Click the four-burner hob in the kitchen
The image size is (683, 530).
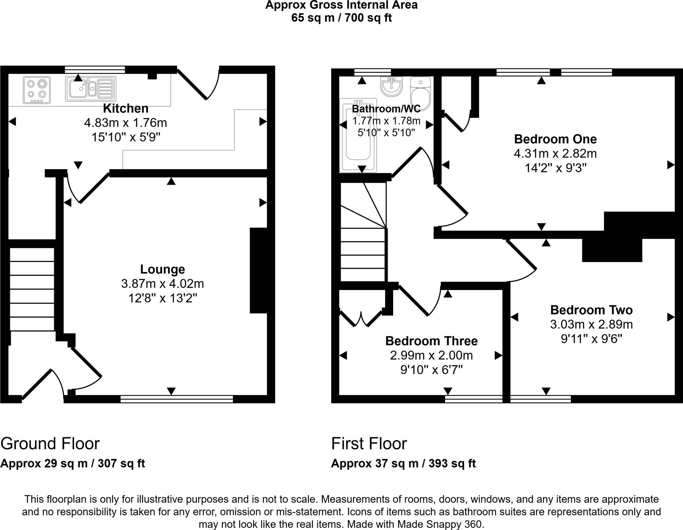(37, 90)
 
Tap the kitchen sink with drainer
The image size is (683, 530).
(91, 88)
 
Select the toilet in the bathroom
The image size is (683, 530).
(421, 94)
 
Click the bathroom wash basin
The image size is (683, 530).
(391, 86)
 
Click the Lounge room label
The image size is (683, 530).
(162, 269)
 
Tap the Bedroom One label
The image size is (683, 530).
(555, 139)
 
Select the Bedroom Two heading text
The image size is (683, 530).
(591, 310)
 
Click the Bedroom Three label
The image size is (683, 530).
(431, 341)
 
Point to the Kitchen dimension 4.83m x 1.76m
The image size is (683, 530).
(125, 123)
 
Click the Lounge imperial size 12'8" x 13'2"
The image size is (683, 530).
(163, 298)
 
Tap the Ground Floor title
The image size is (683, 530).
(50, 444)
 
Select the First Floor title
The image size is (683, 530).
(369, 444)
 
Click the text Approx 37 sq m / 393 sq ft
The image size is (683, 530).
(403, 464)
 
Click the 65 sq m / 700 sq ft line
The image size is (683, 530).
(341, 18)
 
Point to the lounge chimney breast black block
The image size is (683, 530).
(258, 270)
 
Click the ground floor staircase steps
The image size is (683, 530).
(32, 289)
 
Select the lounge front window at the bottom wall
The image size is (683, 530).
(177, 399)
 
